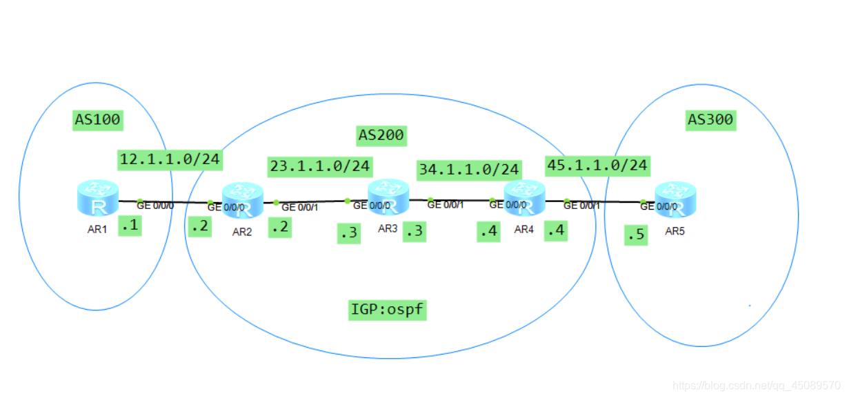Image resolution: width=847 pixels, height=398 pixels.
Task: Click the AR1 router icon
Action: [98, 197]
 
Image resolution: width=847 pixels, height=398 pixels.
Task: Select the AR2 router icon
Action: [243, 201]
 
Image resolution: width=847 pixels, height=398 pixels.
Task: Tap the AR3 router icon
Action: [388, 197]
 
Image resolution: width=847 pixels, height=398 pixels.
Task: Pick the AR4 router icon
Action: [525, 199]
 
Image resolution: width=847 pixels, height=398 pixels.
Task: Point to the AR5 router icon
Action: [675, 199]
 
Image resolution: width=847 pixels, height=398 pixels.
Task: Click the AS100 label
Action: [97, 120]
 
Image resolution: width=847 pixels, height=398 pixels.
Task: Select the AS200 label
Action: [380, 135]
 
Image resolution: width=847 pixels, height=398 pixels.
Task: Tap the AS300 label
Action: [710, 120]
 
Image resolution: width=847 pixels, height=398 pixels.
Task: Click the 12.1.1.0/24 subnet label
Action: [170, 160]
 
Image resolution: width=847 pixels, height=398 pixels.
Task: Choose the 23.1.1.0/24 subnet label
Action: [320, 166]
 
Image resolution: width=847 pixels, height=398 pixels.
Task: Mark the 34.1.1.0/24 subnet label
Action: [468, 169]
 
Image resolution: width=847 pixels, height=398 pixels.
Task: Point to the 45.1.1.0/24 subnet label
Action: [597, 165]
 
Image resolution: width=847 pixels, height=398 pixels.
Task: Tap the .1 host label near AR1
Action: [130, 226]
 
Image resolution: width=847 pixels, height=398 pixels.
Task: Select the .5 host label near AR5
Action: [635, 235]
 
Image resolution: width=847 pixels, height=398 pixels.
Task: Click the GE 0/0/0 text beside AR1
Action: [156, 205]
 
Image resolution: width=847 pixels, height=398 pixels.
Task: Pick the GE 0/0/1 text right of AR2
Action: [300, 207]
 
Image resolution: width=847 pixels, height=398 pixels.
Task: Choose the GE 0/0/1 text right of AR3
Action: [446, 204]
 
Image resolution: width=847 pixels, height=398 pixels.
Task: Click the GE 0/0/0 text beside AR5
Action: [659, 206]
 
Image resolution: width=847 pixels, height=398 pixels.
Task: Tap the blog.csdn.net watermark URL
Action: [756, 385]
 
